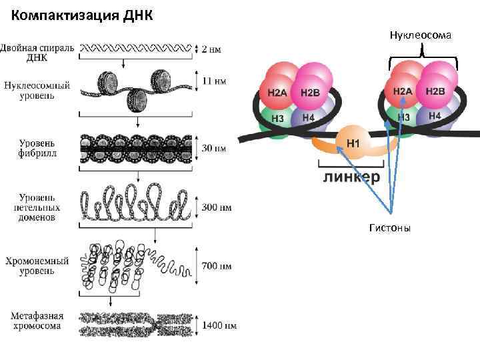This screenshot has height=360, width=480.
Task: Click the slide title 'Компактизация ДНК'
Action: coord(82,15)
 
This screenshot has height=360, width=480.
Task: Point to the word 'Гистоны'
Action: coord(391,228)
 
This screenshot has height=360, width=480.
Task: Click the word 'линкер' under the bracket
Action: coord(352,177)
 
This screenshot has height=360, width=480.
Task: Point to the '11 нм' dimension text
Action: coord(213,81)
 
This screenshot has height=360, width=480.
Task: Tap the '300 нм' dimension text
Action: coord(217,207)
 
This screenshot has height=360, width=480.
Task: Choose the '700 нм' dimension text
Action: coord(217,266)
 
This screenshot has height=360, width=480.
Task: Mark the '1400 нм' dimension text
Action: coord(219,325)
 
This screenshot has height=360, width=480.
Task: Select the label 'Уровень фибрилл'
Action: coord(37,148)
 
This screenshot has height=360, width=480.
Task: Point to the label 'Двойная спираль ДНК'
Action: coord(38,52)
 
